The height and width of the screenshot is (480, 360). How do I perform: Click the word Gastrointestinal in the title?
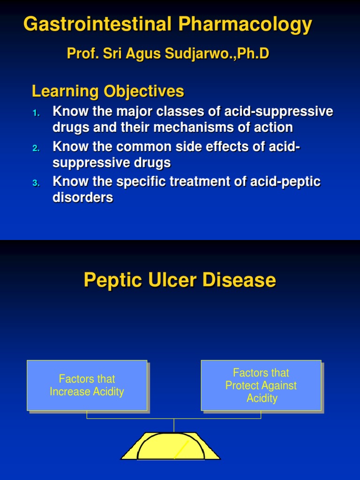point(97,24)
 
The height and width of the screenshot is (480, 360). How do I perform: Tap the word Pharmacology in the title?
point(246,24)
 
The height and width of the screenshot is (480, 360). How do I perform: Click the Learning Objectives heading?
point(108,91)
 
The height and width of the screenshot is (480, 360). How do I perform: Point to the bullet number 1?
point(37,113)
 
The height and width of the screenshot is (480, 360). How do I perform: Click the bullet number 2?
point(37,148)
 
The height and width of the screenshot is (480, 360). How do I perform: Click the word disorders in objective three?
point(83,198)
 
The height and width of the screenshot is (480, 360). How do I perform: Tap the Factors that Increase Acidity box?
point(87,385)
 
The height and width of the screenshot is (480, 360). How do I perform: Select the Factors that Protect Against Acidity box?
point(261,385)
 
